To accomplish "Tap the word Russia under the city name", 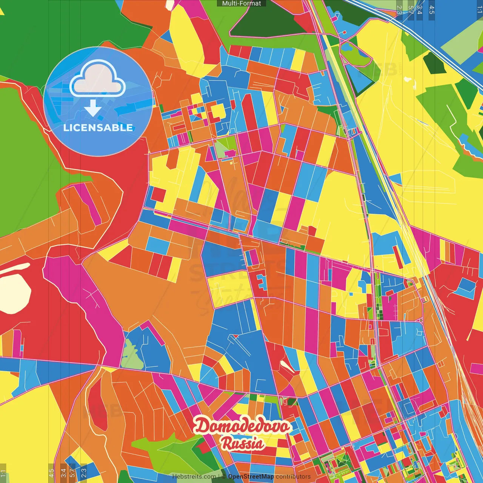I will [x=243, y=443].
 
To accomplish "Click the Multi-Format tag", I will [x=241, y=3].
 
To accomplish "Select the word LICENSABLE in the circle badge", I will [x=98, y=128].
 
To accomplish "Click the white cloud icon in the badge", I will [x=98, y=80].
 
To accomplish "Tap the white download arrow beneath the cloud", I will [x=93, y=108].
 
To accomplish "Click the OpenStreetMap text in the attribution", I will [x=251, y=477].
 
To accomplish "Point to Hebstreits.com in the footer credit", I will [x=194, y=477].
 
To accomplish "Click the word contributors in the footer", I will [x=293, y=477].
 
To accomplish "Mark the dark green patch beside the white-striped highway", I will [x=434, y=62].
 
